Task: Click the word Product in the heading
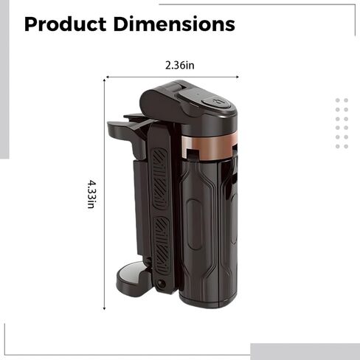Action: [x=65, y=24]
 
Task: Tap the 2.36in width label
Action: [x=179, y=65]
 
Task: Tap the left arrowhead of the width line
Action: [x=108, y=75]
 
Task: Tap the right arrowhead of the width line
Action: [x=240, y=75]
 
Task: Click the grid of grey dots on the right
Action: [x=342, y=123]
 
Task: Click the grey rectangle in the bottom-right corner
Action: [x=305, y=351]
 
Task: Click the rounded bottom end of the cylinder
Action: [x=209, y=299]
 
